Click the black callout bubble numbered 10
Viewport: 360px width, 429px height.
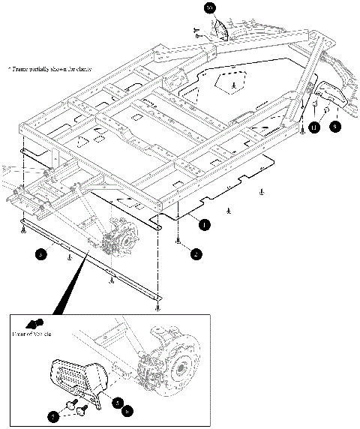coord(209,8)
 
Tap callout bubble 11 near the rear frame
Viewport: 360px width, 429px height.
coord(314,128)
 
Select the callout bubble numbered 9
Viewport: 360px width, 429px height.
coord(334,127)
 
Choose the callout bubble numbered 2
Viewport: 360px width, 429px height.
coord(196,254)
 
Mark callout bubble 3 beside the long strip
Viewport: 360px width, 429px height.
coord(42,253)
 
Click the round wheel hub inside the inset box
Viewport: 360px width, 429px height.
coord(182,367)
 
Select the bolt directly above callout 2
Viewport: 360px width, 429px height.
coord(178,241)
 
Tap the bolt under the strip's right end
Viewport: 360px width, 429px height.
coord(157,307)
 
